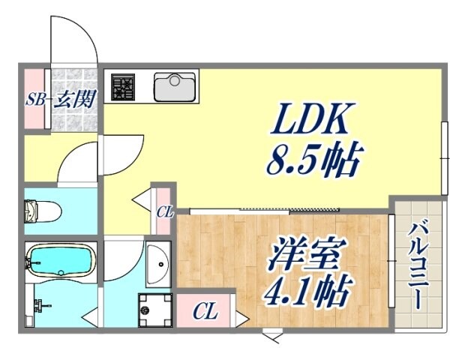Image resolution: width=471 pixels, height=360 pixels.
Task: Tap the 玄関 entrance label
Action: point(75,100)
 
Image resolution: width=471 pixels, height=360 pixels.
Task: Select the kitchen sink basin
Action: point(175,87)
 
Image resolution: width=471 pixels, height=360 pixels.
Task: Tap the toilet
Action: point(42,211)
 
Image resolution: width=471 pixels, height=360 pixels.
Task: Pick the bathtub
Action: point(60,262)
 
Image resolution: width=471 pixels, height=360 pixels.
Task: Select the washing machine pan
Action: point(155,308)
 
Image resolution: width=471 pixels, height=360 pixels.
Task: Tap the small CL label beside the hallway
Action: point(164,211)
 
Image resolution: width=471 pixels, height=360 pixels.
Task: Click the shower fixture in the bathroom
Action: point(40,305)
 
